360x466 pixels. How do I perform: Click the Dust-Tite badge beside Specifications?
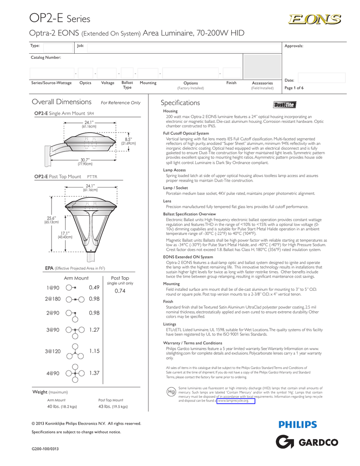click(284, 105)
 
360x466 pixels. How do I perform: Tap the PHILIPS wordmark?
click(297, 425)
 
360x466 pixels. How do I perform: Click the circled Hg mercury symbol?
click(171, 391)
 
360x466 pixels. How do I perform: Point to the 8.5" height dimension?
click(128, 139)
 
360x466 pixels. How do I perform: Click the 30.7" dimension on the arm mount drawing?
click(84, 160)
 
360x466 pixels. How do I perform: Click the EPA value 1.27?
click(94, 330)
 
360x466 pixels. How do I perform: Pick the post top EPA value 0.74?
click(120, 290)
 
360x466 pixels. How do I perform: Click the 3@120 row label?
click(52, 351)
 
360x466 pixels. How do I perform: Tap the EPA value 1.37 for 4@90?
click(94, 373)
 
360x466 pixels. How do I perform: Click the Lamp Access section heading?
click(174, 170)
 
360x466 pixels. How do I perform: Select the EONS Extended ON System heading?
click(188, 257)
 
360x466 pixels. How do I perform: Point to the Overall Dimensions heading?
click(61, 102)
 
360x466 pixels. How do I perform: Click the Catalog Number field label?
click(46, 57)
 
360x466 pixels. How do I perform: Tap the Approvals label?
click(294, 46)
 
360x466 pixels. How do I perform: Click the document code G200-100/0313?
click(45, 449)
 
